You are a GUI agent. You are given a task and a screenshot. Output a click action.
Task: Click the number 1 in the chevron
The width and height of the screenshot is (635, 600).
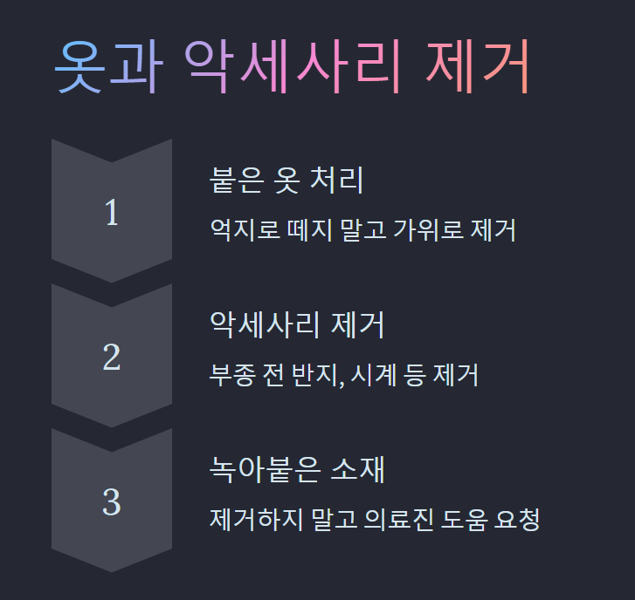tap(111, 213)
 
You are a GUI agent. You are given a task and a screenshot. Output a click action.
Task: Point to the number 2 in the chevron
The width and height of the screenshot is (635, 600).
tap(111, 358)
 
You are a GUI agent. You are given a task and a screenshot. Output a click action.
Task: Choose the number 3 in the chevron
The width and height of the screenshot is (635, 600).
tap(111, 502)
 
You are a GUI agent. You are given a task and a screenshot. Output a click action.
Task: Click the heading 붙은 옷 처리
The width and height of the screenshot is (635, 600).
tap(286, 181)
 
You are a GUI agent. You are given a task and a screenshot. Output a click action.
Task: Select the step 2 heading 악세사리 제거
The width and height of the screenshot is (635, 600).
tap(298, 325)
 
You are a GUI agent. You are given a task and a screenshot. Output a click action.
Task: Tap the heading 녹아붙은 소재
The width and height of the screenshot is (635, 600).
tap(298, 470)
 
